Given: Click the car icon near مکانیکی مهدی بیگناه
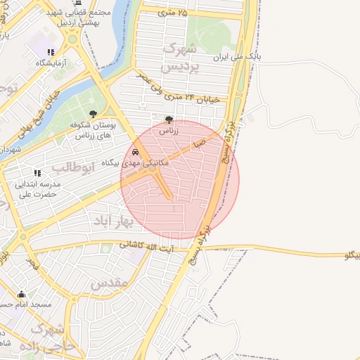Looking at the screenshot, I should pyautogui.click(x=134, y=151).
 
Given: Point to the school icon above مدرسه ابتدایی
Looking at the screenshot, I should pyautogui.click(x=37, y=172).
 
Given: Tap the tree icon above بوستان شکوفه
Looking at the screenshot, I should pyautogui.click(x=93, y=114).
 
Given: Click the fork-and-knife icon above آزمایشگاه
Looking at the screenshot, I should pyautogui.click(x=51, y=52).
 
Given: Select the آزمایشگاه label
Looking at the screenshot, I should pyautogui.click(x=51, y=63).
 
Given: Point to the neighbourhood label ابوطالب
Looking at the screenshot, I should pyautogui.click(x=69, y=167).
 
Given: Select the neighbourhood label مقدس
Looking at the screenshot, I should pyautogui.click(x=110, y=283).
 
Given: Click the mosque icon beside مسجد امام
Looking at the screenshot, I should pyautogui.click(x=21, y=294).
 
